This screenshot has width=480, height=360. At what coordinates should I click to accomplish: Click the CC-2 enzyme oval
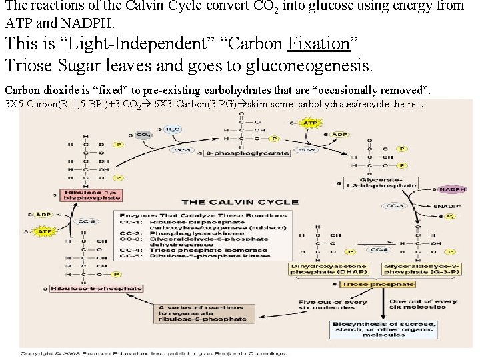(x=306, y=150)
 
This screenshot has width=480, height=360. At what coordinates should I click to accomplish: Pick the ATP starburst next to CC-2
(x=309, y=123)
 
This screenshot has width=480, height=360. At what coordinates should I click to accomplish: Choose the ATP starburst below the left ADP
(x=44, y=231)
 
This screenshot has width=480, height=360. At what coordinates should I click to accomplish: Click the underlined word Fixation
(x=319, y=44)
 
